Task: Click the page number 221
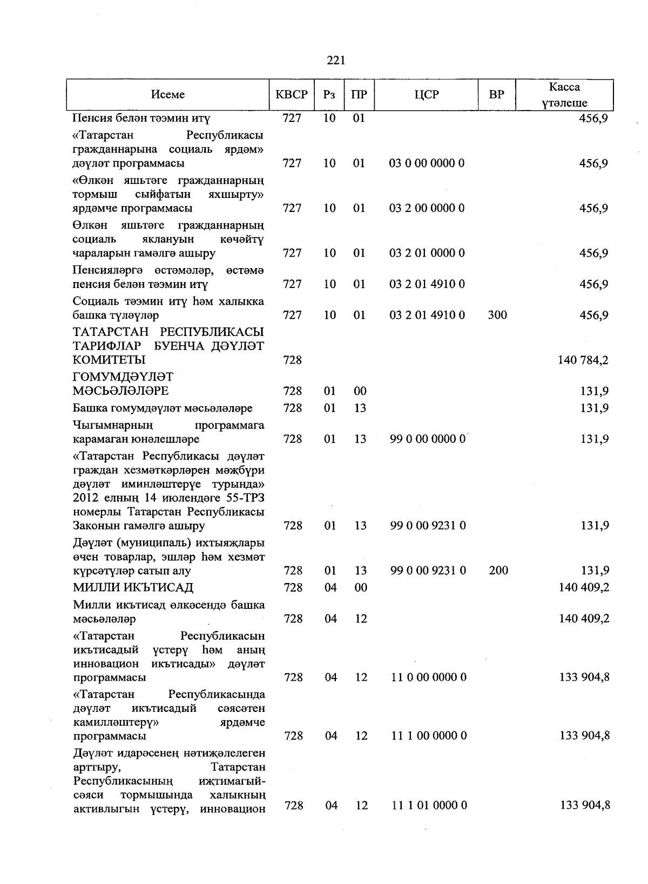tap(336, 60)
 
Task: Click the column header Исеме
tap(168, 94)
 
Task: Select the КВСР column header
tap(292, 94)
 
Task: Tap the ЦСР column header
tap(427, 94)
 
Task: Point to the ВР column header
tap(497, 94)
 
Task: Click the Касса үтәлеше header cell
tap(564, 95)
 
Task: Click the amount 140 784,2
tap(583, 360)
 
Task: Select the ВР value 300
tap(497, 315)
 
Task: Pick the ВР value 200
tap(498, 570)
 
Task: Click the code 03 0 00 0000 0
tap(427, 163)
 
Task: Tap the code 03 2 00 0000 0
tap(427, 208)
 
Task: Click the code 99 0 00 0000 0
tap(428, 439)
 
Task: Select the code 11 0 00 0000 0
tap(429, 677)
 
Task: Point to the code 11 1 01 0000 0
tap(429, 805)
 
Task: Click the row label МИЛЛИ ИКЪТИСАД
tap(133, 587)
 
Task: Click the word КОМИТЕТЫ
tap(109, 360)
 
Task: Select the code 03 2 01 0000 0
tap(427, 253)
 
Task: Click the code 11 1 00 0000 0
tap(429, 736)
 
